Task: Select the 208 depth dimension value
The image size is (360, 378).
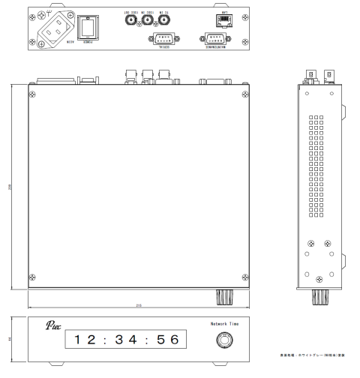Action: click(x=10, y=187)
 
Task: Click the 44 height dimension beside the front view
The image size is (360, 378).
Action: click(x=10, y=340)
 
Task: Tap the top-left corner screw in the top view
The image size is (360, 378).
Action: click(x=32, y=93)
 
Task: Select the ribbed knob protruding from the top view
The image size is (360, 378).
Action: click(x=223, y=296)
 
